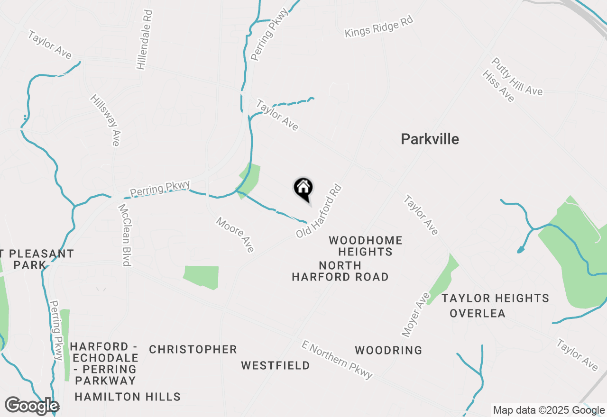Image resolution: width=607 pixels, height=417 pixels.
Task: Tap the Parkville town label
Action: [430, 139]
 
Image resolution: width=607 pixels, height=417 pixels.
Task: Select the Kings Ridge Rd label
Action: [379, 27]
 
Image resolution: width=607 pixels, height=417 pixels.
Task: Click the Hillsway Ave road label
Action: [106, 120]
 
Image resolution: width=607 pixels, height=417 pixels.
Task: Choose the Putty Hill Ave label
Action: [517, 76]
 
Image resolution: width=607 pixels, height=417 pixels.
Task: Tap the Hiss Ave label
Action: [498, 86]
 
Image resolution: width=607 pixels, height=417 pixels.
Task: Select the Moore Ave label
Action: [235, 234]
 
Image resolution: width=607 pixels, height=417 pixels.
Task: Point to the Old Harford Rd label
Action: [319, 211]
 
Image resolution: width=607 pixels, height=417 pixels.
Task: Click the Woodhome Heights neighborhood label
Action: [366, 246]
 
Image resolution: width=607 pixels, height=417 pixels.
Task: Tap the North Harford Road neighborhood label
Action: [340, 271]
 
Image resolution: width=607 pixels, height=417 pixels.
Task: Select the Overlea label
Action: [478, 313]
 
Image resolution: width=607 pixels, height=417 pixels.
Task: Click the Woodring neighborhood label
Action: [388, 350]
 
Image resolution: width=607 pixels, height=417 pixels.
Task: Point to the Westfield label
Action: [276, 365]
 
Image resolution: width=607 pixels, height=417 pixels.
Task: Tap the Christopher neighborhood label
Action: [193, 349]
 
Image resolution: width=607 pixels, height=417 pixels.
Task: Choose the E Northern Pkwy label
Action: [337, 359]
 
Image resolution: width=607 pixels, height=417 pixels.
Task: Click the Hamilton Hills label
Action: [128, 397]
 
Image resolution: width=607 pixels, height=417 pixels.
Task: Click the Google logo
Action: [32, 406]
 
